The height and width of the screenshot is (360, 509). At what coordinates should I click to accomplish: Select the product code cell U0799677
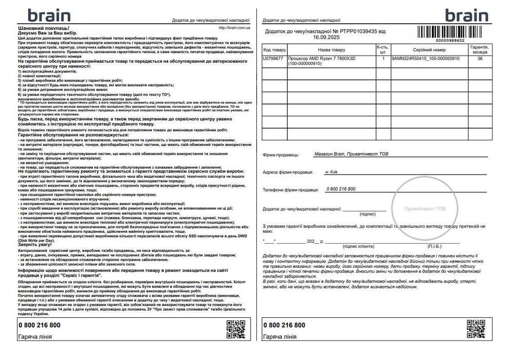(x=273, y=59)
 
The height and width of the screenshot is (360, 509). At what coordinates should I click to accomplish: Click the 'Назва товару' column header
(x=331, y=50)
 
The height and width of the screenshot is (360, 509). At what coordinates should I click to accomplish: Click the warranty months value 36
(x=480, y=59)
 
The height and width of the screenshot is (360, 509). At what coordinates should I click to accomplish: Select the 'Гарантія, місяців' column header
(x=480, y=49)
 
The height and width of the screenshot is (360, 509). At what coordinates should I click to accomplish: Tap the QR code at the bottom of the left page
(x=236, y=329)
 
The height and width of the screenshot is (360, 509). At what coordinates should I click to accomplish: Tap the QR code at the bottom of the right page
(x=477, y=329)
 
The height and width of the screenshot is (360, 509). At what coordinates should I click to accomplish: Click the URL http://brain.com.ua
(x=234, y=28)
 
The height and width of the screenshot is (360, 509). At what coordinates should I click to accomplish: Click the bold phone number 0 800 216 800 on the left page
(x=39, y=325)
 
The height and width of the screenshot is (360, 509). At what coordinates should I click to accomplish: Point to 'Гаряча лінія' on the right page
(x=279, y=337)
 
